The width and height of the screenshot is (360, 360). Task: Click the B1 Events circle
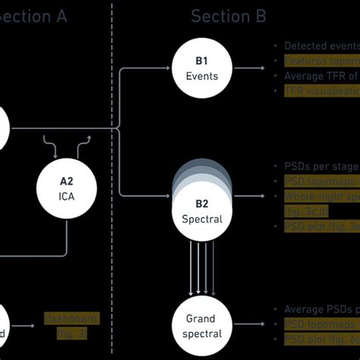[x=201, y=68]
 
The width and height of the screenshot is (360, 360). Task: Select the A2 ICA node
[x=68, y=189]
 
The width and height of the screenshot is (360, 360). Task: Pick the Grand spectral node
[x=201, y=325]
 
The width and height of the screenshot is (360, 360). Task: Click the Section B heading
[x=227, y=16]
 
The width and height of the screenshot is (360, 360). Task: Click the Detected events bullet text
[x=319, y=46]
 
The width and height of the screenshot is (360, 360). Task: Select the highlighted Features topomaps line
[x=320, y=61]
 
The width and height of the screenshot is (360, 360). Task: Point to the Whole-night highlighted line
[x=320, y=196]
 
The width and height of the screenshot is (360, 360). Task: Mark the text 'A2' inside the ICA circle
[x=68, y=182]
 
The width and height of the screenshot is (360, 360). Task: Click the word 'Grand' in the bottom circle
[x=201, y=319]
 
